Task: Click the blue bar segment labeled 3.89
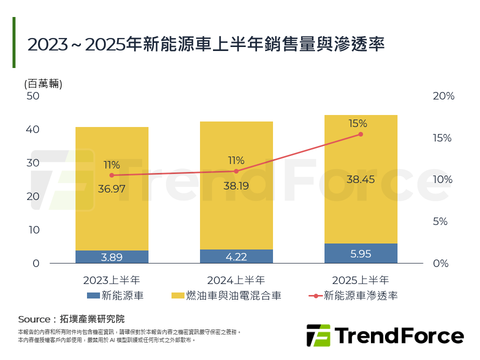[111, 257]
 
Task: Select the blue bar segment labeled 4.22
[236, 256]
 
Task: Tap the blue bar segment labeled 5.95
[360, 253]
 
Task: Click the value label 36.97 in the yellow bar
[111, 189]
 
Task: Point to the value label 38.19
[236, 186]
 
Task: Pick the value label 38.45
[360, 179]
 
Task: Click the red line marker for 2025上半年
[360, 134]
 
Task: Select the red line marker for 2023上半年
[111, 175]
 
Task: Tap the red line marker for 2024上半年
[236, 171]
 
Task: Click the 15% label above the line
[358, 123]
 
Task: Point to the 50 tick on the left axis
[32, 96]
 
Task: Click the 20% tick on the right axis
[443, 96]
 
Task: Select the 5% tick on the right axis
[440, 221]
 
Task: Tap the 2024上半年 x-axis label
[236, 280]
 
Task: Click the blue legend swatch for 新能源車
[93, 295]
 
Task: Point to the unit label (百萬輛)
[43, 83]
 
